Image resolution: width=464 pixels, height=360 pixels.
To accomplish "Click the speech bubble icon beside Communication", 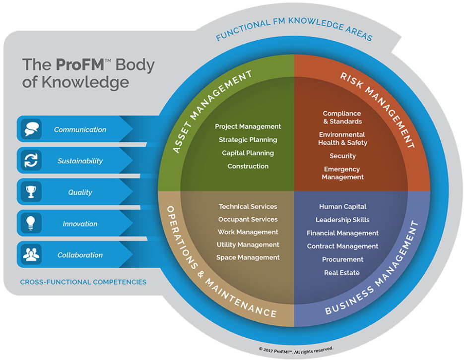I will (x=31, y=129).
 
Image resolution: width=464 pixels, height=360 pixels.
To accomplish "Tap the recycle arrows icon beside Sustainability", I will (x=31, y=161).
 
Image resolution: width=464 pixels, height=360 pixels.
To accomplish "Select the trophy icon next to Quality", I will (x=31, y=192).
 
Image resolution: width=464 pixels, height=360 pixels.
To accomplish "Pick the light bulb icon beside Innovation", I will (x=31, y=224).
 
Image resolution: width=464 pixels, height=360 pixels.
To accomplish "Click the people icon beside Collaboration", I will (x=31, y=255).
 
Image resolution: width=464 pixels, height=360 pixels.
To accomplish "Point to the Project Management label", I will (x=248, y=126).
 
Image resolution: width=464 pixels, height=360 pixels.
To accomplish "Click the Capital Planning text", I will (x=248, y=153).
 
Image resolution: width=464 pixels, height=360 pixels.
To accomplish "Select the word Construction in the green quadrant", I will (x=248, y=166).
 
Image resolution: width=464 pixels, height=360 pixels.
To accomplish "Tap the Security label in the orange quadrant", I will (x=342, y=156).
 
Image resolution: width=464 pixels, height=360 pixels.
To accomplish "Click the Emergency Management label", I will (x=342, y=173).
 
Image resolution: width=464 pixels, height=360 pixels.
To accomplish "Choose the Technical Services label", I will (x=248, y=206).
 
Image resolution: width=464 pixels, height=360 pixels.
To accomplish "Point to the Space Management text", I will (x=248, y=257).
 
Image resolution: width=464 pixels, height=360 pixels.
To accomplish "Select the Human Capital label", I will (x=342, y=206).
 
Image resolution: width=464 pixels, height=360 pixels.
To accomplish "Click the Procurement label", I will (x=342, y=259).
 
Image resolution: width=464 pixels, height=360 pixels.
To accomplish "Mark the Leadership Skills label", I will (x=342, y=220).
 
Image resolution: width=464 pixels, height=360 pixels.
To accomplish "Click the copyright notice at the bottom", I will (x=296, y=349).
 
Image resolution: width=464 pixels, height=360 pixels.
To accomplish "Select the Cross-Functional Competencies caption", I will (x=83, y=282).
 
